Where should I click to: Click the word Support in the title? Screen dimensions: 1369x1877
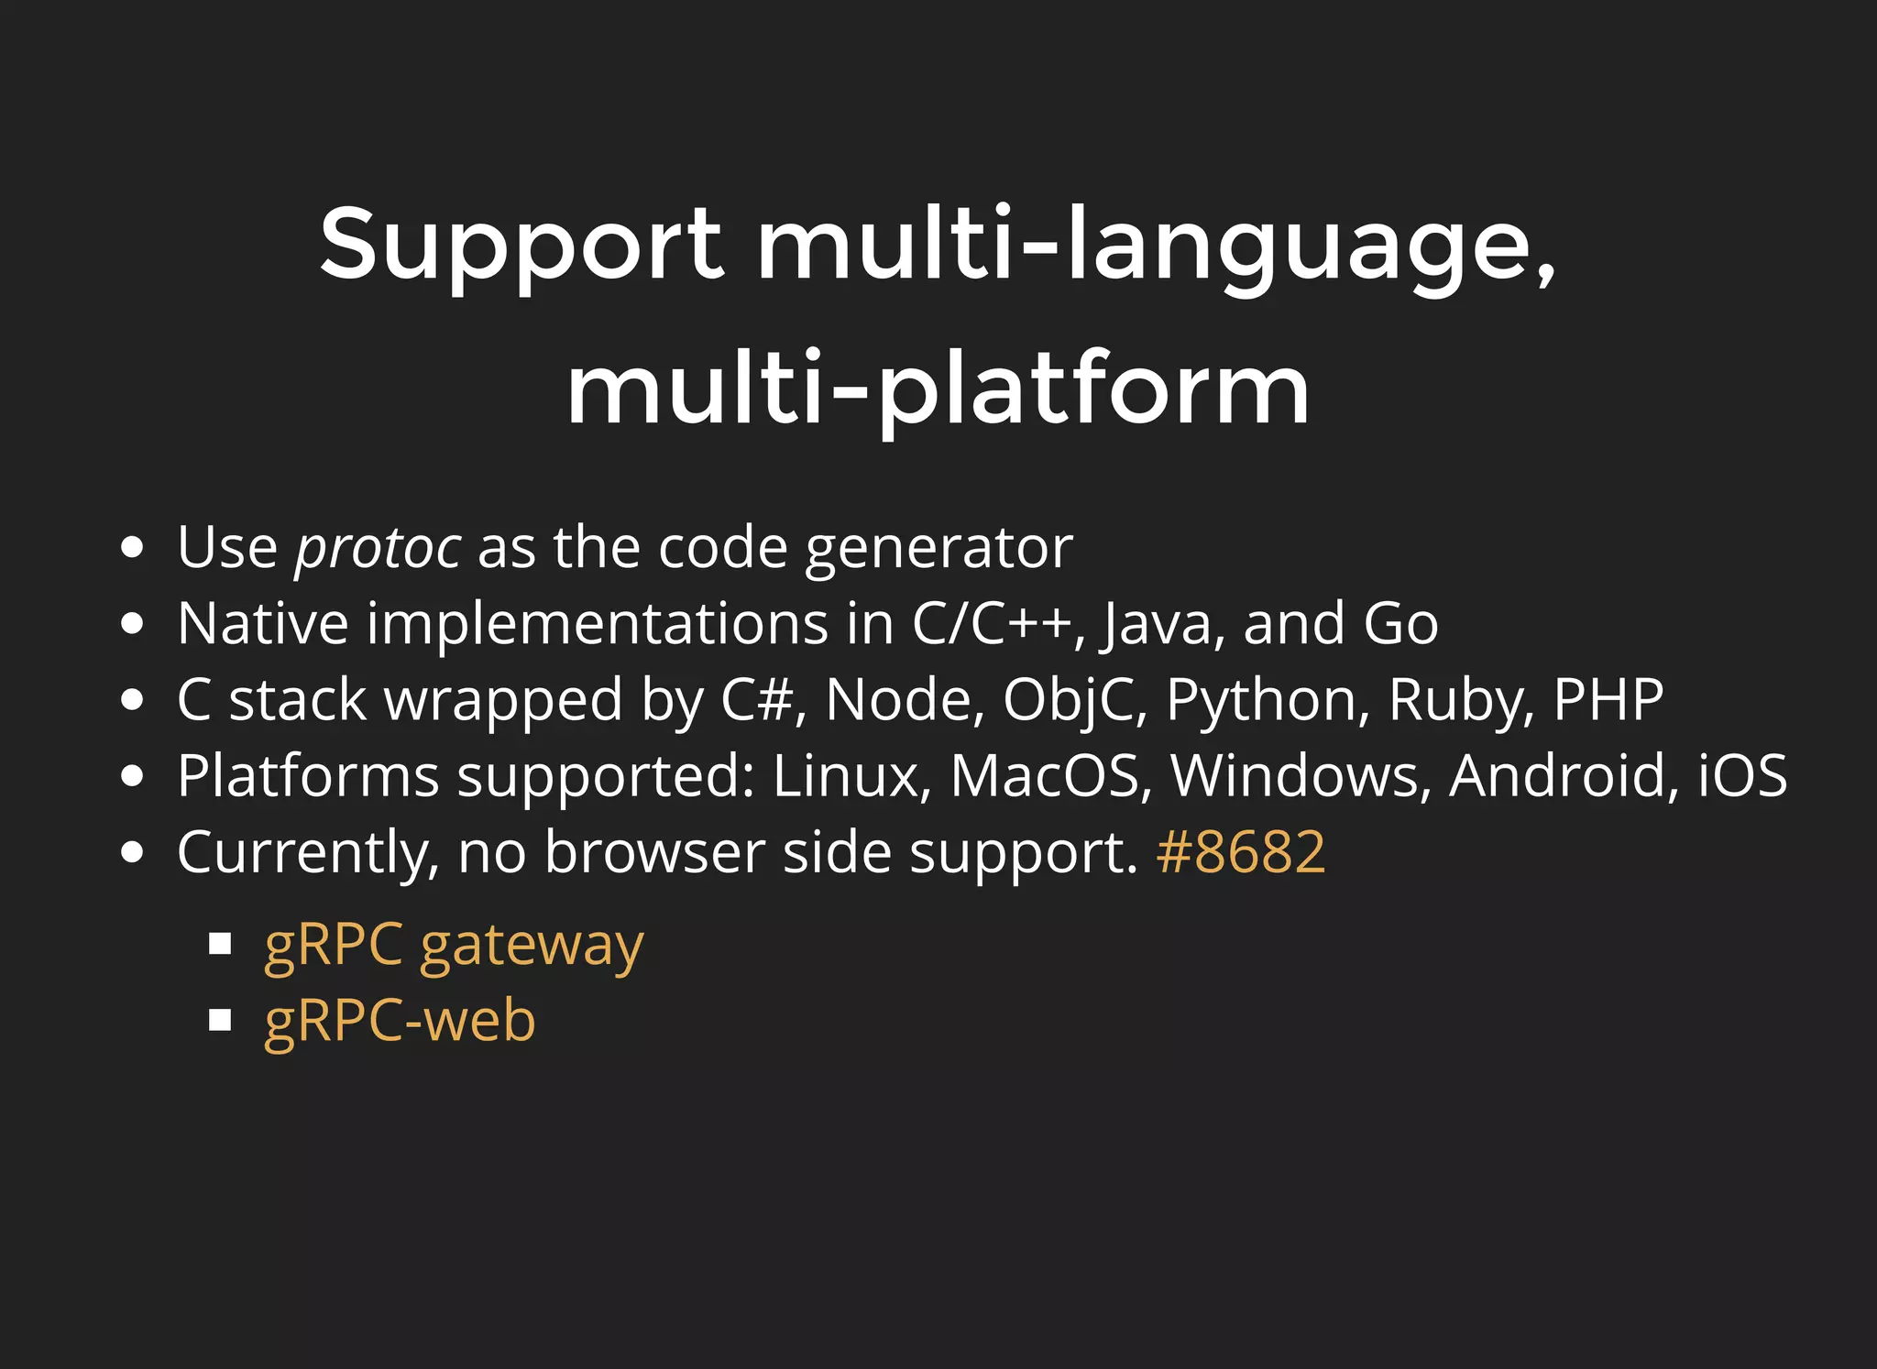click(x=521, y=244)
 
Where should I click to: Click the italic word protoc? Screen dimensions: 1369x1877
click(x=378, y=548)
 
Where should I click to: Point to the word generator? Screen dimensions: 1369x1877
click(x=938, y=548)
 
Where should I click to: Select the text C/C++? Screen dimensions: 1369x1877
click(x=992, y=624)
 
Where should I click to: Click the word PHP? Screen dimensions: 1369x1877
click(x=1608, y=701)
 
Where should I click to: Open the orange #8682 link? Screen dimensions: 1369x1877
click(x=1240, y=853)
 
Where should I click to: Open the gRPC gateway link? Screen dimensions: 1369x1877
click(x=454, y=945)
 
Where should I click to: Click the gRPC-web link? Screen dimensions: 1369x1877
click(x=400, y=1021)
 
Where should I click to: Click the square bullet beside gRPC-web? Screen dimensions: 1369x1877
click(x=220, y=1020)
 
